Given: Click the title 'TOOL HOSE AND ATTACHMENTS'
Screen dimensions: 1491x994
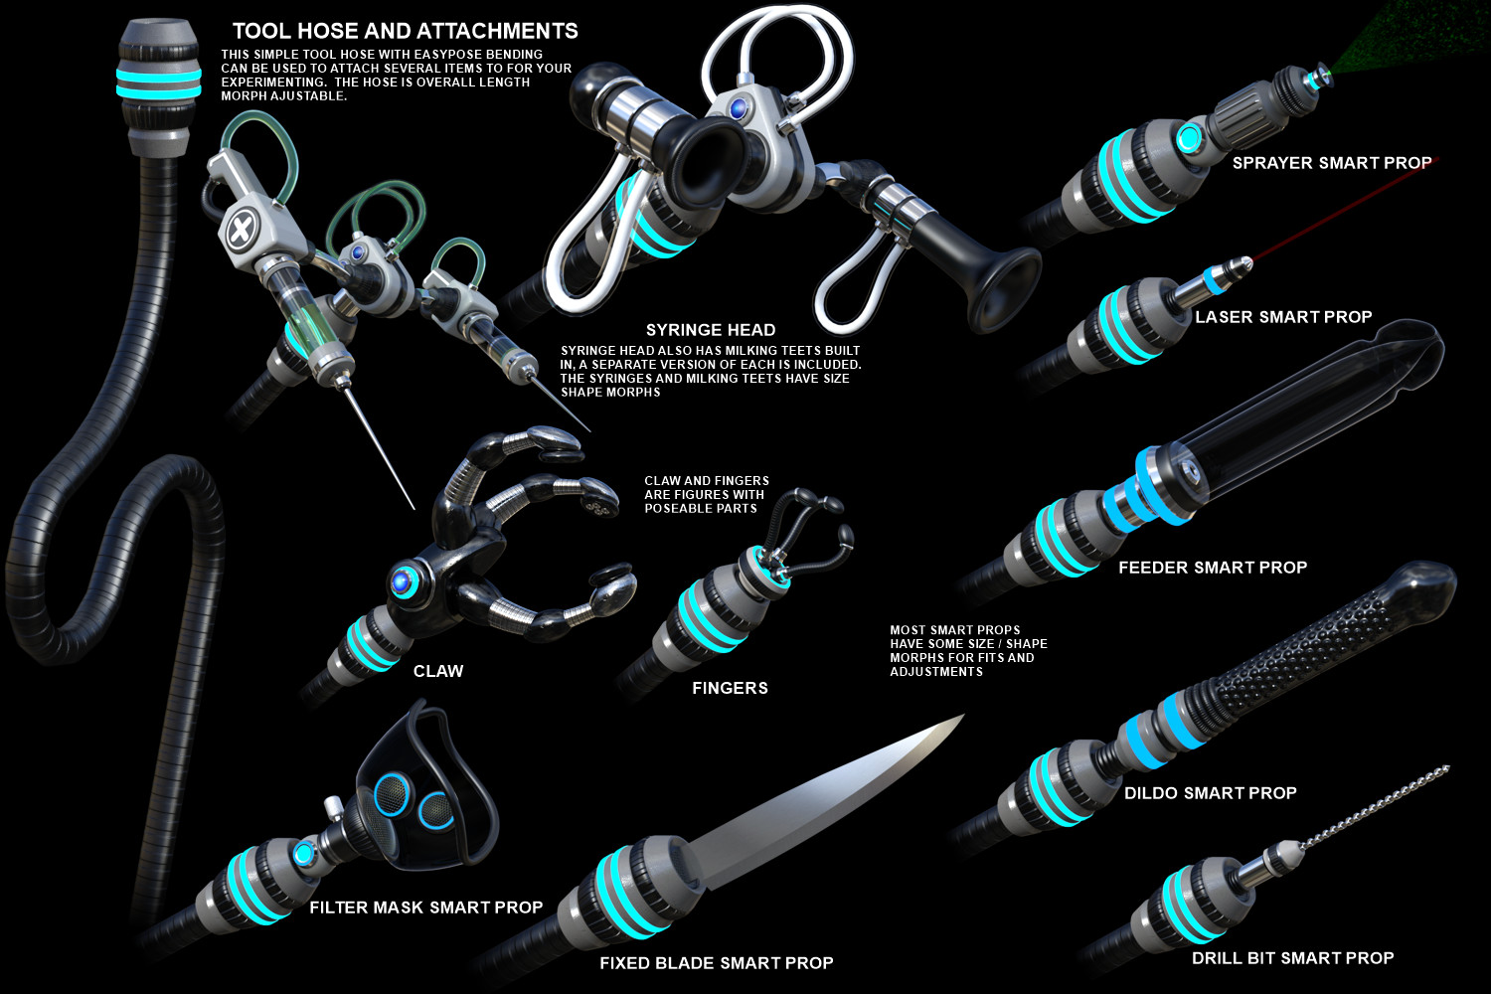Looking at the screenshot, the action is [405, 31].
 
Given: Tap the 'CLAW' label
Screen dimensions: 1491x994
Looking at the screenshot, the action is [438, 671].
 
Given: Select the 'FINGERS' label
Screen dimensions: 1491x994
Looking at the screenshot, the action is [730, 688].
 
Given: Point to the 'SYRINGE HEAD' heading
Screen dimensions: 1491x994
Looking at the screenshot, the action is [711, 330].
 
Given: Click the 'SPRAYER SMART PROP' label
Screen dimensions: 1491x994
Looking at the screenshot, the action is [1332, 163].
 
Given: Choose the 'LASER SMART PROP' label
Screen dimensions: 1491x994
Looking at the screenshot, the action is [1283, 317].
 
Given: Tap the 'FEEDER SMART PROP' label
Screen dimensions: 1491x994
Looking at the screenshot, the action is [1213, 568].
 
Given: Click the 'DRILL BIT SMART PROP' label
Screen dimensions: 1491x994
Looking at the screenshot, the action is [1292, 958].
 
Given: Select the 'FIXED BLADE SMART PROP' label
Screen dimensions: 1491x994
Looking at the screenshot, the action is [717, 963].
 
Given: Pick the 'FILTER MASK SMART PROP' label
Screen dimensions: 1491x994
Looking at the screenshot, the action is [426, 908].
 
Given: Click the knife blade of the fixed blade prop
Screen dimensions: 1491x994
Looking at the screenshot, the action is [819, 799].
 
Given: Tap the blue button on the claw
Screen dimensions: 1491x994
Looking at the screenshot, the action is [402, 581].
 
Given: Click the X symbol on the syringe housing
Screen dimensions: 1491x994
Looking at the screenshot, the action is [240, 231].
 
